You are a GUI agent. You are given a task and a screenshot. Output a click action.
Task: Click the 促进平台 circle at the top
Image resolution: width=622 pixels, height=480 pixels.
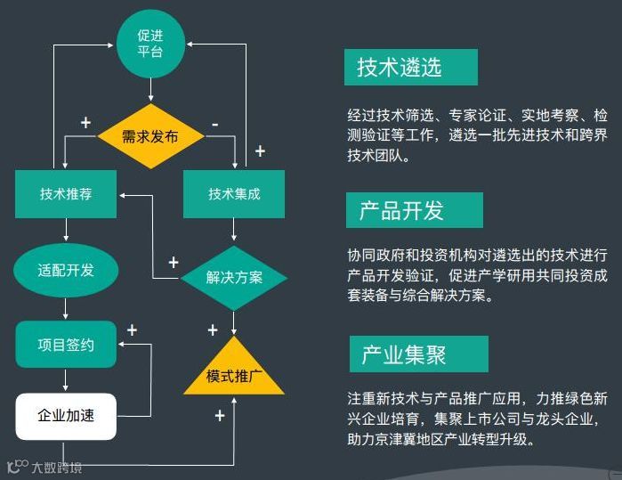click(x=149, y=43)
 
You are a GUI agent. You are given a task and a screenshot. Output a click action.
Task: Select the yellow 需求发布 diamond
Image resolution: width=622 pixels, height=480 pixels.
click(x=149, y=136)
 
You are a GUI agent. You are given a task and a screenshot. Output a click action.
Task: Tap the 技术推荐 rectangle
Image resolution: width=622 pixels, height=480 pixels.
click(x=66, y=194)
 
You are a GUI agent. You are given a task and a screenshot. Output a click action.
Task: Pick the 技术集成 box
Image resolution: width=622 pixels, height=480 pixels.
click(x=234, y=194)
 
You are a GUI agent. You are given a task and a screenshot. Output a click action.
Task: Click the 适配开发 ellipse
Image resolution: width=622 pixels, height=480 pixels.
click(x=66, y=270)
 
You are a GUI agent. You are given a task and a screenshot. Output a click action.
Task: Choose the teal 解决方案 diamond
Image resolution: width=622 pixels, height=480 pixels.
click(x=234, y=277)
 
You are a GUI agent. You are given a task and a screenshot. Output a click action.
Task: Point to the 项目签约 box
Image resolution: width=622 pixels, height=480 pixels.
click(x=66, y=345)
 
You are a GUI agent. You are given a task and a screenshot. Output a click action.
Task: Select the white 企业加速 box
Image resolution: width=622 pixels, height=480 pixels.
click(x=66, y=416)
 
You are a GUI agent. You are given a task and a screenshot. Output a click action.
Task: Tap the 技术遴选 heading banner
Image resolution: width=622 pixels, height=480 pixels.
click(x=410, y=67)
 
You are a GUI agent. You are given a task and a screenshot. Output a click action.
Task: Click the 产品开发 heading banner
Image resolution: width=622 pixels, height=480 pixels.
click(x=414, y=210)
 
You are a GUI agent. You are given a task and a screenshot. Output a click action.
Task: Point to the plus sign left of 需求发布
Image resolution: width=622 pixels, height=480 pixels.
click(x=85, y=122)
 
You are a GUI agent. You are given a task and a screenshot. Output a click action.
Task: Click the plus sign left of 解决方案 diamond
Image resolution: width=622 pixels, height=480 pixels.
click(x=173, y=262)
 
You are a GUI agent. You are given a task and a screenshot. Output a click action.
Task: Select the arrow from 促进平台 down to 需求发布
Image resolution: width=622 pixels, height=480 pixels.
click(x=149, y=90)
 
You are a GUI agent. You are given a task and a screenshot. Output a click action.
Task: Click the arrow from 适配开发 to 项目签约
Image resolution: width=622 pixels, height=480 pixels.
click(x=66, y=308)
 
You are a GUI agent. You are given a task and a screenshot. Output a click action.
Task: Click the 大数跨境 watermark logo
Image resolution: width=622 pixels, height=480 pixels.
click(x=44, y=467)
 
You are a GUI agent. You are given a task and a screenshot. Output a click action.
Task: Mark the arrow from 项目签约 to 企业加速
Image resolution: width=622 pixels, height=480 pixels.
click(x=66, y=380)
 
